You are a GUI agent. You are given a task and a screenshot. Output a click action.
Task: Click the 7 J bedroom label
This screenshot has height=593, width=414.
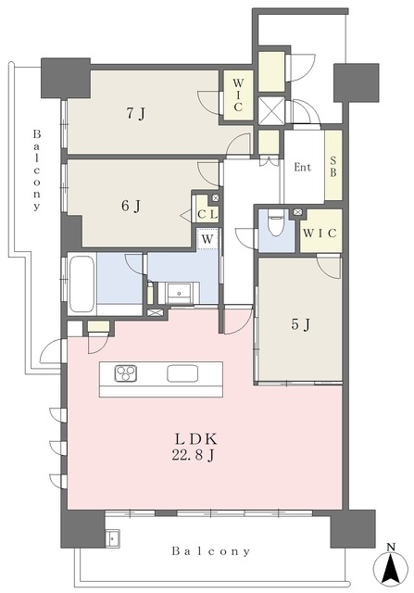[x=135, y=114]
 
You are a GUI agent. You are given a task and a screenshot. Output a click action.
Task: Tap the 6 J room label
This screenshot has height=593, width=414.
[x=131, y=206]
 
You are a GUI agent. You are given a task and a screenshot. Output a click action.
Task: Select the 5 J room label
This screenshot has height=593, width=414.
[x=301, y=324]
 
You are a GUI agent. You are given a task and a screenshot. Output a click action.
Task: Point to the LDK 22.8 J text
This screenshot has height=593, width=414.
[x=195, y=447]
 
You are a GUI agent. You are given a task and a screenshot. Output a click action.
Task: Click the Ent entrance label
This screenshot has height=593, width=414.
[x=303, y=167]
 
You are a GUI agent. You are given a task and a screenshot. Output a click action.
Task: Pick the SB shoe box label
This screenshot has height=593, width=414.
[x=333, y=167]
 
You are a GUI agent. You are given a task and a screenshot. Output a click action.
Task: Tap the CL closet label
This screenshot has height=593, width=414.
[x=207, y=214]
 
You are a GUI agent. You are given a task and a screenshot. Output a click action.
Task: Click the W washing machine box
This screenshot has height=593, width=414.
[x=207, y=239]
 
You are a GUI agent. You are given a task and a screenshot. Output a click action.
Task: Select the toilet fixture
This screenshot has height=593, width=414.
[x=276, y=222]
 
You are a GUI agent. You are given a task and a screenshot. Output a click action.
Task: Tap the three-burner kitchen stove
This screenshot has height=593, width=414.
[x=126, y=373]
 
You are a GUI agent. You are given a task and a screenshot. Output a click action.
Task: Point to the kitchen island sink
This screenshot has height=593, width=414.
[x=182, y=373]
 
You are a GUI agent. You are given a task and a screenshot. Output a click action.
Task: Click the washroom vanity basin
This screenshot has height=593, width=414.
[x=180, y=293]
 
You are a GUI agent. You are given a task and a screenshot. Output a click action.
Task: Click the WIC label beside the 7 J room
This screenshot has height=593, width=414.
[x=237, y=95]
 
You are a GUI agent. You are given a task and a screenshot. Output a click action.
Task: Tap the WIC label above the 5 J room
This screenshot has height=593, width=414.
[x=320, y=233]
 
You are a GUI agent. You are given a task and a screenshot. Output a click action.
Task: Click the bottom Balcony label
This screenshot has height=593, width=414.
[x=211, y=551]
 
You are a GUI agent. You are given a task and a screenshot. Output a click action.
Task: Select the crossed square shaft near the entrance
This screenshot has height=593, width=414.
[x=271, y=109]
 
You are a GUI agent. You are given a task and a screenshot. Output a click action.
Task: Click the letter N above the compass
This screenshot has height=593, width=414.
[x=391, y=546]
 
